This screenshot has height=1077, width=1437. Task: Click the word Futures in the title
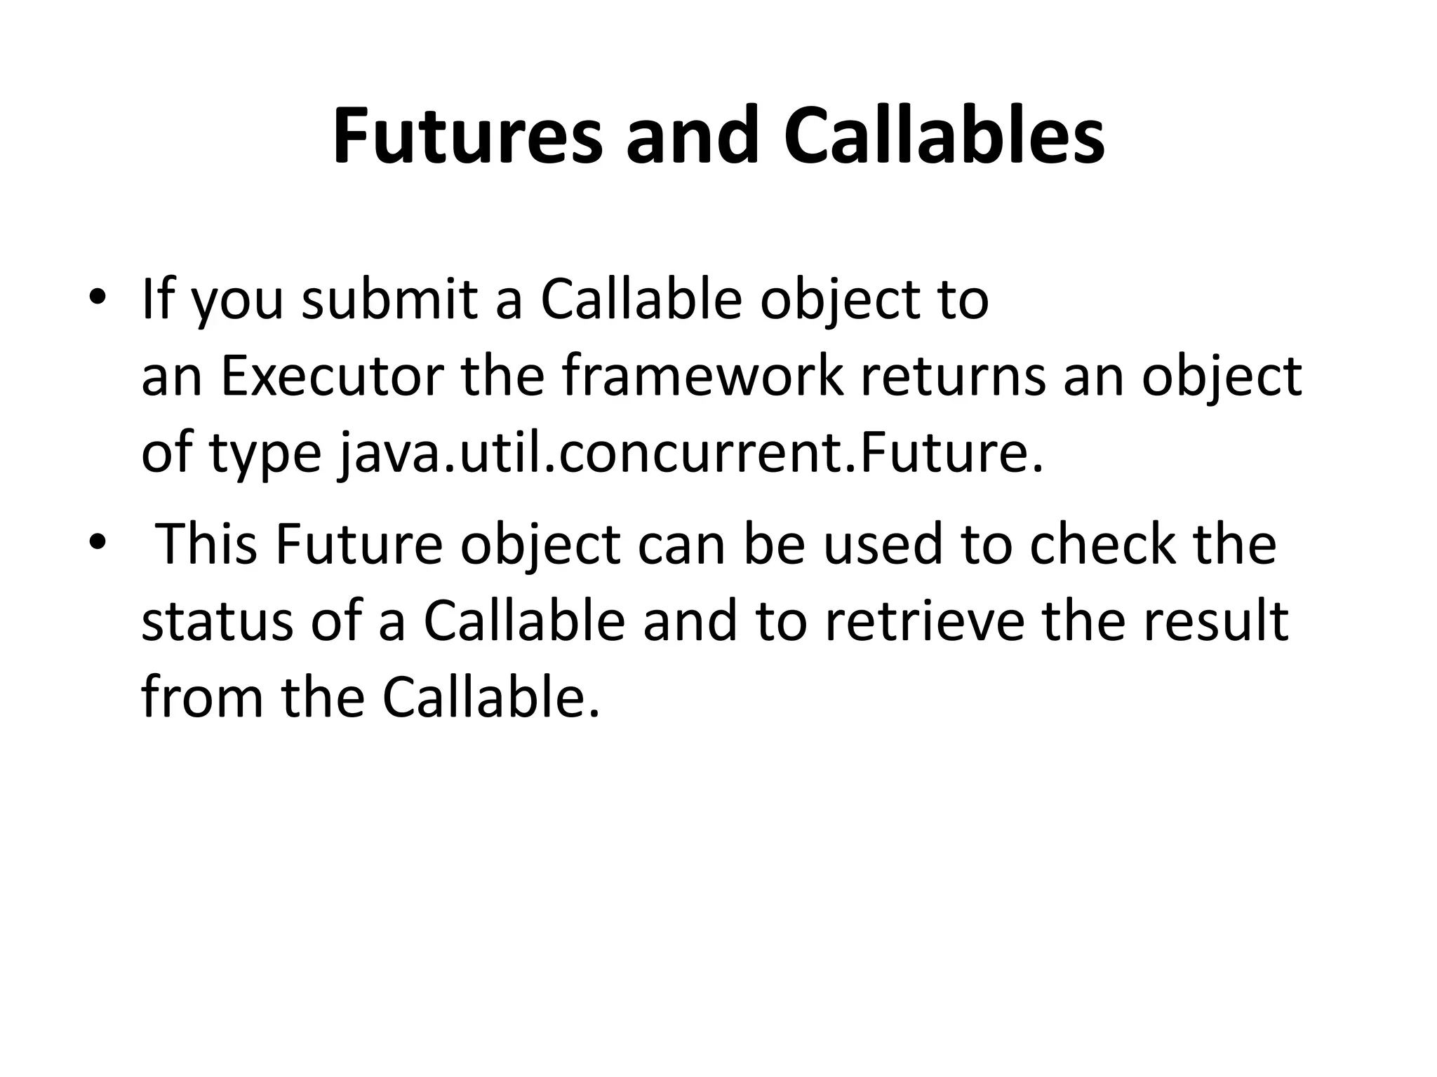coord(467,136)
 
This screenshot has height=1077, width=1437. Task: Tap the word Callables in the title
coord(944,136)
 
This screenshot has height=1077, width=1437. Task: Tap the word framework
coord(702,377)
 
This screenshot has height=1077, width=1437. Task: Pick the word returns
coord(954,377)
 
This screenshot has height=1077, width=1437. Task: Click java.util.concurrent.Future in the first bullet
coord(691,454)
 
